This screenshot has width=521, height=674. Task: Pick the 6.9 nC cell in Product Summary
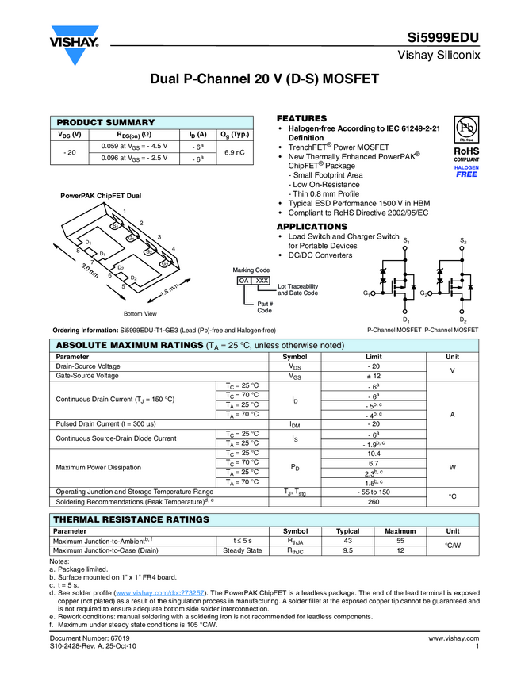234,152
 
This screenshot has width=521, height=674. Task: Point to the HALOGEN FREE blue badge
466,171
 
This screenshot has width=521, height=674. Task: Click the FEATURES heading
301,117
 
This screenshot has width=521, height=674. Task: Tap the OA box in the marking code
244,281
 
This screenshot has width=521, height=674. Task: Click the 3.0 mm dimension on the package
90,270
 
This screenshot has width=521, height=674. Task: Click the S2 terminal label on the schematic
463,239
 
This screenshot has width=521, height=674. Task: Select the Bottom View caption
140,314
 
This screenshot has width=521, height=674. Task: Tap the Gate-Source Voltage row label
88,376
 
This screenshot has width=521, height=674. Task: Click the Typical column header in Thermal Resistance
348,531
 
